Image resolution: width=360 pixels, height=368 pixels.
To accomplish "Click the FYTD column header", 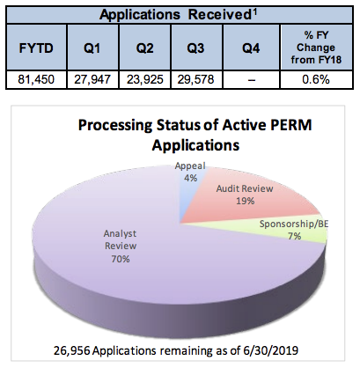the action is pyautogui.click(x=36, y=48).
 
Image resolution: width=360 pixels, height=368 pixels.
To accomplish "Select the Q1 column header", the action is pyautogui.click(x=92, y=48).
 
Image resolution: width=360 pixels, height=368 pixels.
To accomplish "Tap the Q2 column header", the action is pyautogui.click(x=144, y=48).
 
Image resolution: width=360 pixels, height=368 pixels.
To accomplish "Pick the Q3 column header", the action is pyautogui.click(x=195, y=48).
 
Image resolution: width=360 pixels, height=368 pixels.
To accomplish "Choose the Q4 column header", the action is pyautogui.click(x=251, y=48).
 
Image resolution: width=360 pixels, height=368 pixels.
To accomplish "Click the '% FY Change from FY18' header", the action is pyautogui.click(x=316, y=48).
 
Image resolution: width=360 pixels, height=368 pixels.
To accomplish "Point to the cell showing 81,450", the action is pyautogui.click(x=36, y=79).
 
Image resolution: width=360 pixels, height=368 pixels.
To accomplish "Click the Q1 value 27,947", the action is pyautogui.click(x=92, y=79).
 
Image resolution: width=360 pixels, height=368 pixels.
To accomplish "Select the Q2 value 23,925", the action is pyautogui.click(x=144, y=79).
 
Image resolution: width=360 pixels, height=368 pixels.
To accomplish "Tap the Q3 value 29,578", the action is pyautogui.click(x=195, y=79).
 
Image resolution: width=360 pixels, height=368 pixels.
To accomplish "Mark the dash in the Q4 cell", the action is pyautogui.click(x=251, y=80).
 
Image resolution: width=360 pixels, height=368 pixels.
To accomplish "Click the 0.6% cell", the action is pyautogui.click(x=316, y=79).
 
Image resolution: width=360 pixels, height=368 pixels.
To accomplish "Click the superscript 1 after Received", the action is pyautogui.click(x=254, y=12).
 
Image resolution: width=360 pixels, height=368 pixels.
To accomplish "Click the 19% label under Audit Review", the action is pyautogui.click(x=245, y=201).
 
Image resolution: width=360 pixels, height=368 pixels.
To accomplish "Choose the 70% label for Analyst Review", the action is pyautogui.click(x=121, y=259).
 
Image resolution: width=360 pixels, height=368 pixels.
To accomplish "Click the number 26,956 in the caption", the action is pyautogui.click(x=71, y=350).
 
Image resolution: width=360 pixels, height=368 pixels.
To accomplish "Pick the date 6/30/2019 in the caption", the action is pyautogui.click(x=270, y=350).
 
